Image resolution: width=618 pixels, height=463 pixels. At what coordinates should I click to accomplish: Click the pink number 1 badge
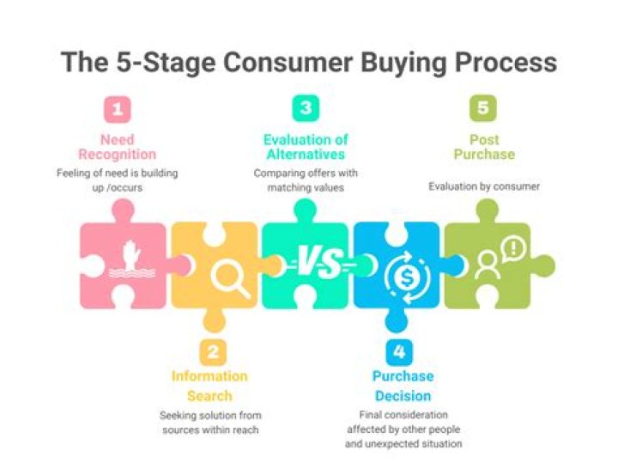pos(117,109)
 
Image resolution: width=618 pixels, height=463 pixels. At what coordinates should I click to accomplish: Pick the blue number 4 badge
pos(397,352)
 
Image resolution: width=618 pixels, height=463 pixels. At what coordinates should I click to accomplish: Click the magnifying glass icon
pos(229,277)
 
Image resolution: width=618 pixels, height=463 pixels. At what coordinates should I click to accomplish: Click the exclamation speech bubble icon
pos(512,250)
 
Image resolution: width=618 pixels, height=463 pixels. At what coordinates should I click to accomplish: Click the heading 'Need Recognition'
pos(117,147)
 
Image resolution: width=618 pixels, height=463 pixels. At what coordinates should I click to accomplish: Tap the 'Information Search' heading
pos(209,386)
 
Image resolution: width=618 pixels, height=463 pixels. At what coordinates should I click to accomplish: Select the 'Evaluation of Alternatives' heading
pos(305,147)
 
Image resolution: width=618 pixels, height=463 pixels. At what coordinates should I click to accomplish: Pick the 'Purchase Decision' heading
pos(403,386)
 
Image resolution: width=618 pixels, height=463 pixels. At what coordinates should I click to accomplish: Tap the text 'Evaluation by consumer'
pos(484,186)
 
